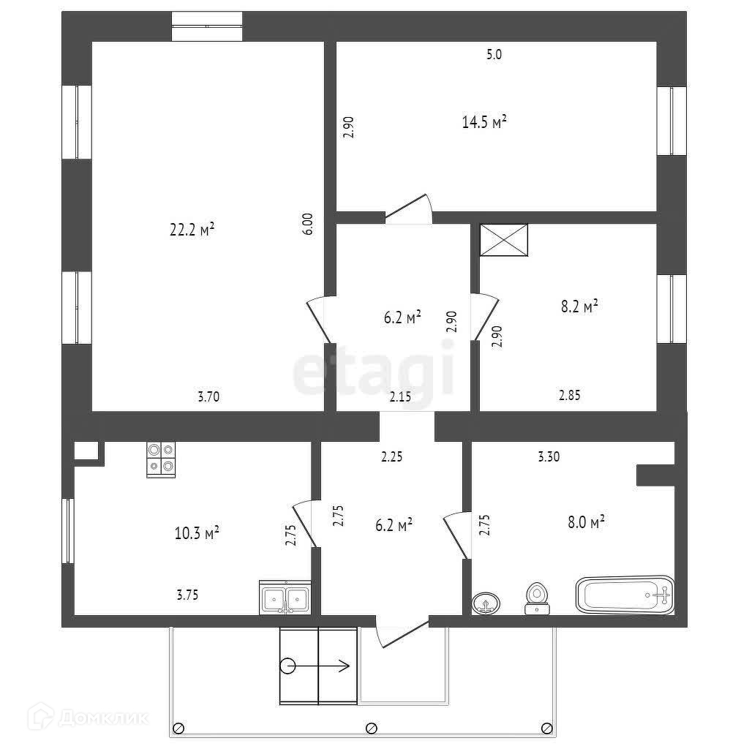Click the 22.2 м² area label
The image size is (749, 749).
point(192,230)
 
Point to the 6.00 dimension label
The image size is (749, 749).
point(309,223)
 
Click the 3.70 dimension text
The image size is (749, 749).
point(208,397)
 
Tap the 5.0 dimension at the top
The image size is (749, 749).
point(494,53)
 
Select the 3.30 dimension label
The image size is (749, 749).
point(549,457)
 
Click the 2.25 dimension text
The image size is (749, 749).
point(392,457)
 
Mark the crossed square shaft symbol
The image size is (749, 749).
point(503,240)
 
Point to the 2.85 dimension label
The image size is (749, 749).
point(571,396)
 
